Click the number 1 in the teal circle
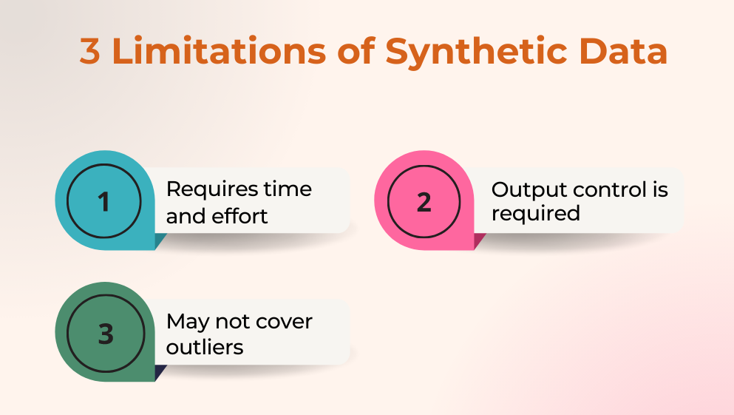pos(103,202)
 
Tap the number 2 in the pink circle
pos(424,202)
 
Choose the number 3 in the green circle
pos(106,334)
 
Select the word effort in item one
pos(239,216)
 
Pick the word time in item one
pos(288,189)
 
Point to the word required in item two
pos(536,215)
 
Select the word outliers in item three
pos(205,347)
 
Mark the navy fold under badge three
pos(160,372)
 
